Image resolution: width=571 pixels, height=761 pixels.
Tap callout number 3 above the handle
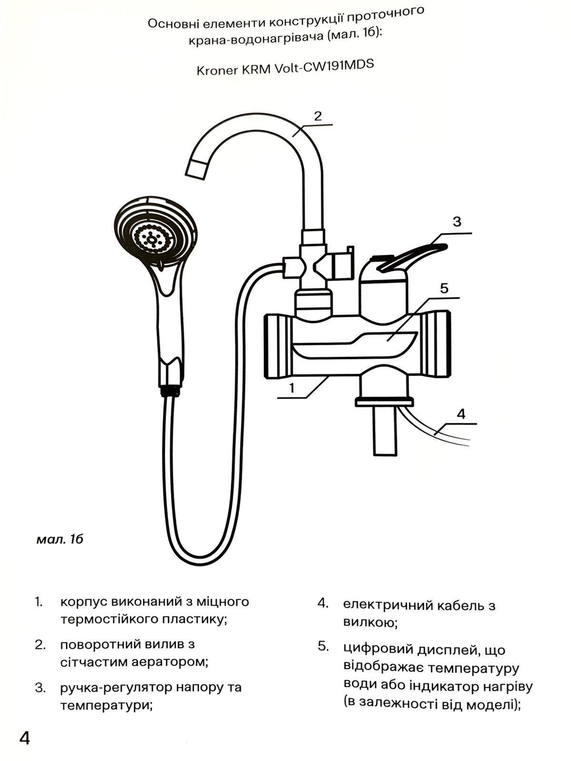coord(457,222)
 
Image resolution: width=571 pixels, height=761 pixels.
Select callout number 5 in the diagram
coord(444,288)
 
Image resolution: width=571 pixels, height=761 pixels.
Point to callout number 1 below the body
coord(292,388)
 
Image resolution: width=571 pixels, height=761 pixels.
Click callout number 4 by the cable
coord(461,414)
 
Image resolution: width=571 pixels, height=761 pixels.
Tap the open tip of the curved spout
coord(196,170)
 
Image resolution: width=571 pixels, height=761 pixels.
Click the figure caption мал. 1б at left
coord(59,539)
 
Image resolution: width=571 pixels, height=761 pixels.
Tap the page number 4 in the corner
coord(25,738)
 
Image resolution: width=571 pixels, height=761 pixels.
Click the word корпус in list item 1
coord(84,602)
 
